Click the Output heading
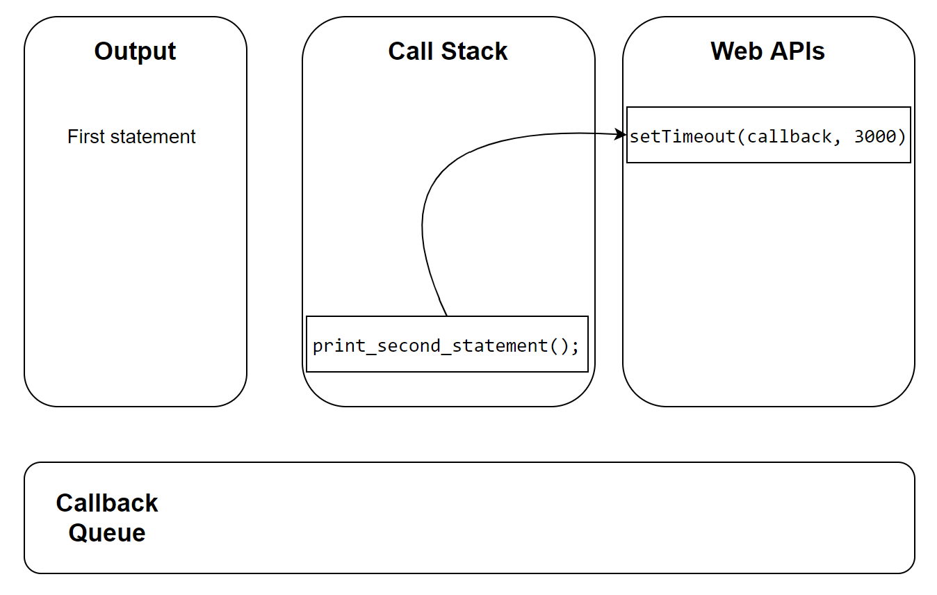point(135,51)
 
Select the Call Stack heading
point(448,51)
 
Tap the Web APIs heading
point(767,51)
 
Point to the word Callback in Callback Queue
point(107,503)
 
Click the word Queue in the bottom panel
point(107,533)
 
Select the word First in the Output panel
point(83,137)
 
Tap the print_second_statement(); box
point(447,345)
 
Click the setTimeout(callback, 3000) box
point(768,135)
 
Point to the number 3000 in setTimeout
point(874,137)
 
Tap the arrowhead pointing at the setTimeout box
point(622,135)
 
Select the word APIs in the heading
point(796,51)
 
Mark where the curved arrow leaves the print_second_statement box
point(446,316)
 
